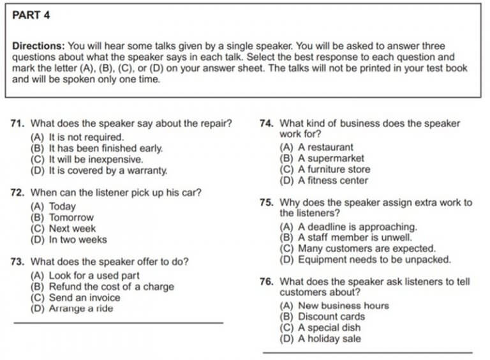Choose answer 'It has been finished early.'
pos(96,148)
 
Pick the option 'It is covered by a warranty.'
pos(99,170)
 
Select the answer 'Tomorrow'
pos(62,218)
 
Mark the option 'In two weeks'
pos(69,240)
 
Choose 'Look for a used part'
pos(85,275)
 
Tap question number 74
pos(267,124)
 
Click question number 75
pos(267,203)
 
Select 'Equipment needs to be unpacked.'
pos(366,260)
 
